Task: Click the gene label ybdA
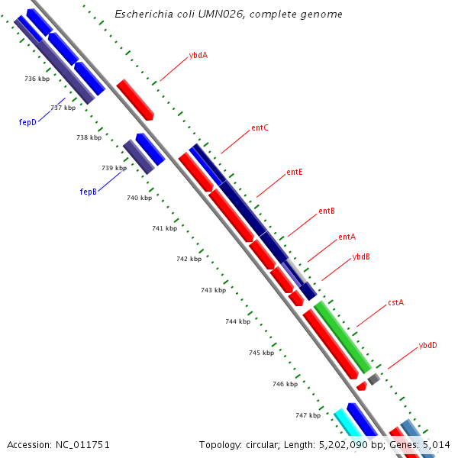point(198,55)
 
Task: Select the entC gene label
point(260,127)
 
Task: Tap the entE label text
point(295,172)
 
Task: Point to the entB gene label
point(327,211)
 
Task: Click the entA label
point(347,237)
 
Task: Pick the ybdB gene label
point(361,256)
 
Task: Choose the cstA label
point(395,302)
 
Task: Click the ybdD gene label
point(427,346)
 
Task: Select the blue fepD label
point(27,121)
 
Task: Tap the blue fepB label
point(89,192)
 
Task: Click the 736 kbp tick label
point(37,79)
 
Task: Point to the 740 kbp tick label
point(139,198)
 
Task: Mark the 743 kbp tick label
point(213,290)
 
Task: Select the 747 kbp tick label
point(308,415)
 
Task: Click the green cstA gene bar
point(341,336)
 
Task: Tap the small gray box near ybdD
point(373,379)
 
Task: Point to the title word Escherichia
point(140,14)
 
